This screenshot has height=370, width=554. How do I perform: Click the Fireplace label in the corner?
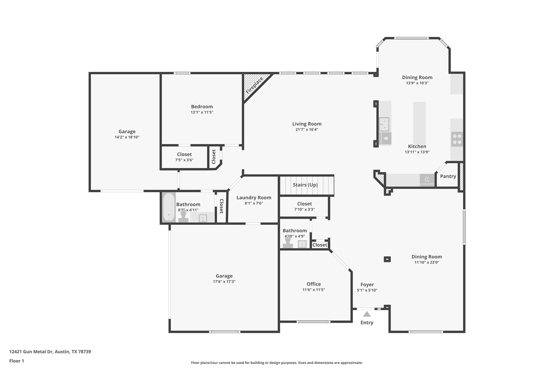pos(254,85)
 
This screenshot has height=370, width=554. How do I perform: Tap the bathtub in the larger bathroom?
pos(169,207)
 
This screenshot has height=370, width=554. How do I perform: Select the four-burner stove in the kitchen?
pos(457,139)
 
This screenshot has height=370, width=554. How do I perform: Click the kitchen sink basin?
pos(384,124)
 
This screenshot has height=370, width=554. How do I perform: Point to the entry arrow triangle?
pos(367,314)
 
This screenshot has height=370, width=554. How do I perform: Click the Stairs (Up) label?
pos(305,185)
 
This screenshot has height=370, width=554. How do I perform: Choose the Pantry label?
pos(448,176)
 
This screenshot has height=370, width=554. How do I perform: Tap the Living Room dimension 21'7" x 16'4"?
pos(307,130)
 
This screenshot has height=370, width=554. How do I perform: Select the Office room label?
pos(314,284)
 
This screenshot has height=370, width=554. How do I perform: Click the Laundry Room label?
pos(254,198)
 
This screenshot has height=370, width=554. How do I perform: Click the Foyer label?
pos(367,285)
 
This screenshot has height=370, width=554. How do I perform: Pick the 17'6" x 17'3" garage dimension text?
pos(224,282)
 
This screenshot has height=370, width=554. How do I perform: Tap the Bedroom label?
pos(202,107)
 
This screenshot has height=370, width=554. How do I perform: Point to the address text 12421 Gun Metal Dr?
pos(50,352)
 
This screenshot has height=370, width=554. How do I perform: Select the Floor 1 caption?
pos(17,361)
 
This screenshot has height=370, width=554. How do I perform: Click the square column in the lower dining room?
pos(387,259)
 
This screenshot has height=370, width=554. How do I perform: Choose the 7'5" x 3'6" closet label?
pos(184,155)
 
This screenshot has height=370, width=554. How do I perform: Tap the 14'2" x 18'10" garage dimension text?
pos(127,137)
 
